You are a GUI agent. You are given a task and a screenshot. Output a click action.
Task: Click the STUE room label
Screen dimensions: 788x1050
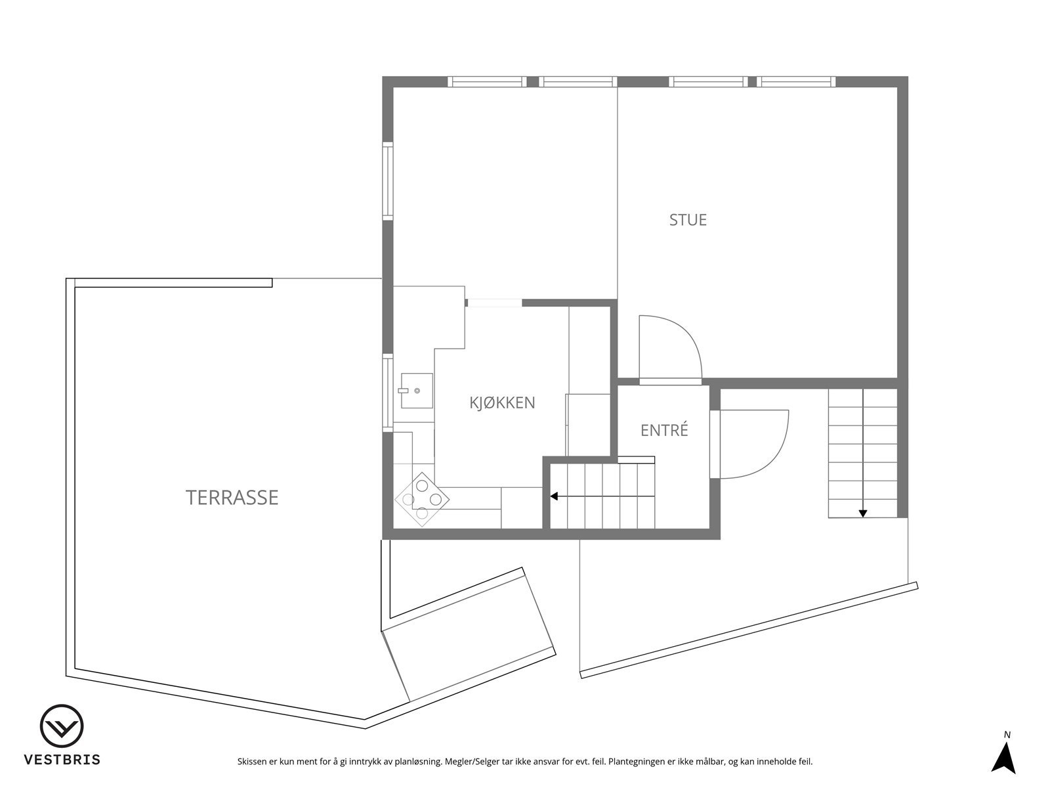tap(688, 219)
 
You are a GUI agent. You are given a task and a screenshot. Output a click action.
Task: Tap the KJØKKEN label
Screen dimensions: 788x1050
tap(502, 403)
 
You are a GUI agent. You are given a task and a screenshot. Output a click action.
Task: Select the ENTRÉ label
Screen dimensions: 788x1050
tap(664, 431)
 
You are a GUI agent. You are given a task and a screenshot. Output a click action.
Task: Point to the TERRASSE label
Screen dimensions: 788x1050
tap(232, 498)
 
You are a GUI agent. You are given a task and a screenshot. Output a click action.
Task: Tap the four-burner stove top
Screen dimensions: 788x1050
tap(422, 500)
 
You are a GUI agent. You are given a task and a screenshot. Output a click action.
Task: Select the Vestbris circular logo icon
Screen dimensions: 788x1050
tap(62, 727)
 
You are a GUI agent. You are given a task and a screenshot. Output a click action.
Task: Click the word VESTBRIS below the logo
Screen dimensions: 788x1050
tap(62, 760)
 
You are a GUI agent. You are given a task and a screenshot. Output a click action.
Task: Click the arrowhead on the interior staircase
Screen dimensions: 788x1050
tap(554, 496)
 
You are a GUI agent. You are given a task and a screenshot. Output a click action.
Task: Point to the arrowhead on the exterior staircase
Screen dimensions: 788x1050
tap(862, 514)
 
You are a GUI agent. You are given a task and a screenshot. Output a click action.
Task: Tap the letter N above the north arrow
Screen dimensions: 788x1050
tap(1007, 735)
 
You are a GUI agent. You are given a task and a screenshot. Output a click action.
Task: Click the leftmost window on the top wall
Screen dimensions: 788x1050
tap(487, 82)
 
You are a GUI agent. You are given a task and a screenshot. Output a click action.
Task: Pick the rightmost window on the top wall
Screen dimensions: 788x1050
tap(796, 82)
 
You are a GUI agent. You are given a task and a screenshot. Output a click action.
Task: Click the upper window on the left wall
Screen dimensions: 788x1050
tap(388, 181)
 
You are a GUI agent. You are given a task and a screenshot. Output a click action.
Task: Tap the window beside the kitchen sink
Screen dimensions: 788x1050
tap(388, 392)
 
